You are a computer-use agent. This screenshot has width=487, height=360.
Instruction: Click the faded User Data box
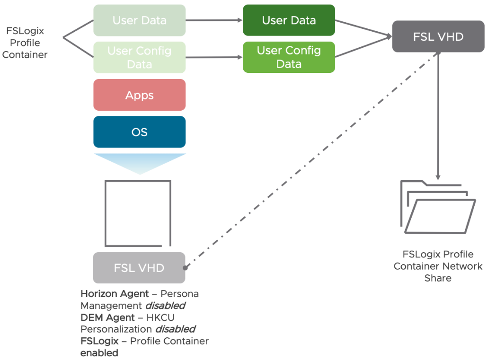coord(139,20)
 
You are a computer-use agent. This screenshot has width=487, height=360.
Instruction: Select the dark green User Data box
coord(289,20)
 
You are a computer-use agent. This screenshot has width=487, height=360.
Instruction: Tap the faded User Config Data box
coord(139,57)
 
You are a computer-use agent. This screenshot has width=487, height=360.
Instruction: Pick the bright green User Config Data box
coord(289,57)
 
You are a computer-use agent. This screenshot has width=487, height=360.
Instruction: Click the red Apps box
coord(139,95)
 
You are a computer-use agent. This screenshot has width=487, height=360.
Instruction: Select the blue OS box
coord(139,132)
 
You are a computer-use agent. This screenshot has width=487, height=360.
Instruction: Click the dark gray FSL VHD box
coord(438,36)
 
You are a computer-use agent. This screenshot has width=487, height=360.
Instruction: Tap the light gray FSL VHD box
coord(139,268)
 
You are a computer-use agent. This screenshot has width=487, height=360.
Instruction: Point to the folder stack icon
coord(437,208)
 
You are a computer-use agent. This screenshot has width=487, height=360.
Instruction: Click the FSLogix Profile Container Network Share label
coord(438,266)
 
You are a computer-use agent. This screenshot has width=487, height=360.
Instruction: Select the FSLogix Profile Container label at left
coord(25,43)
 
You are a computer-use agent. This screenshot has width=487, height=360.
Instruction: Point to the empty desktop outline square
coord(138,213)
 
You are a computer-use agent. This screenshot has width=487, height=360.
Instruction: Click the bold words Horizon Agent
coord(115,294)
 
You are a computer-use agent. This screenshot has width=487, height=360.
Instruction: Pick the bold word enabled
coord(99,353)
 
